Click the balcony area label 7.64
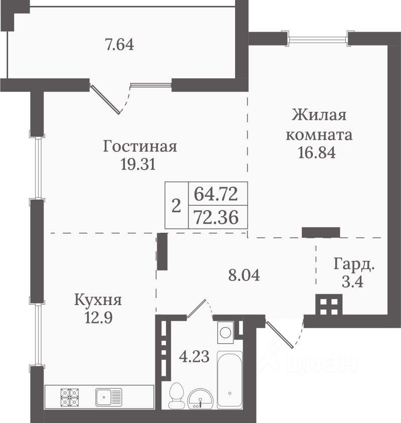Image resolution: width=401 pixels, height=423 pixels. [119, 45]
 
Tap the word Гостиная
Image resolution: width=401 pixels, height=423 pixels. [140, 146]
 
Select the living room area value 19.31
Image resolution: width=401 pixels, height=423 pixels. [138, 164]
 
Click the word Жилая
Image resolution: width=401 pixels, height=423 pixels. [319, 116]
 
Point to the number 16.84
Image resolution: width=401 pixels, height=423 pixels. [317, 153]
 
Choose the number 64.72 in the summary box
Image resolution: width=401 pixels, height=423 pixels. [216, 194]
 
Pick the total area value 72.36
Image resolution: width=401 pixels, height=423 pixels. [217, 217]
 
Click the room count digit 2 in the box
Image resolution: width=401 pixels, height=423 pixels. [176, 206]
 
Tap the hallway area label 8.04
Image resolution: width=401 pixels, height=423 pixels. [244, 275]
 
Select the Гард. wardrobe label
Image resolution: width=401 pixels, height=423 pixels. [354, 264]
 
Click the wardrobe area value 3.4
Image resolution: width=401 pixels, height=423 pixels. [352, 282]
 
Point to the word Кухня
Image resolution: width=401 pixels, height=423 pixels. [98, 300]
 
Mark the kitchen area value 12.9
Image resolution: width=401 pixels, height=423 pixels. [99, 317]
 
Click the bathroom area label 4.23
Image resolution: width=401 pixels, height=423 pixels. [194, 356]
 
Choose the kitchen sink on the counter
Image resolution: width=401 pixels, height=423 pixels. [109, 397]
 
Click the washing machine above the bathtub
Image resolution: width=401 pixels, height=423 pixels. [225, 332]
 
